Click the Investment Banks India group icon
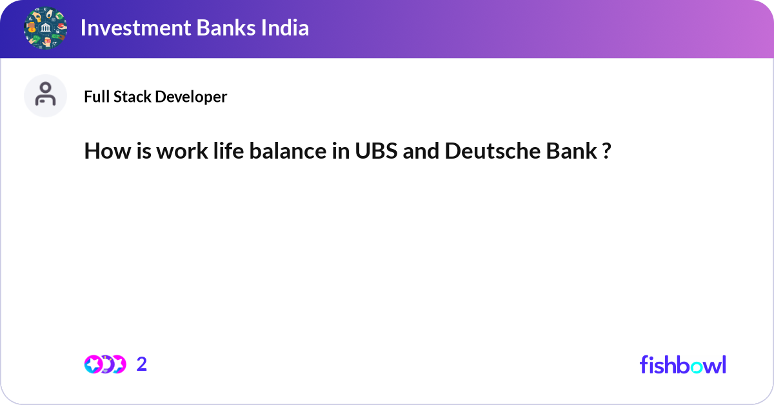tap(45, 28)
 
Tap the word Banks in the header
tap(219, 28)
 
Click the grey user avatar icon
tap(45, 95)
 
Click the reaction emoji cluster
tap(104, 364)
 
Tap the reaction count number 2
tap(142, 364)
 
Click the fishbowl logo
tap(682, 364)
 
